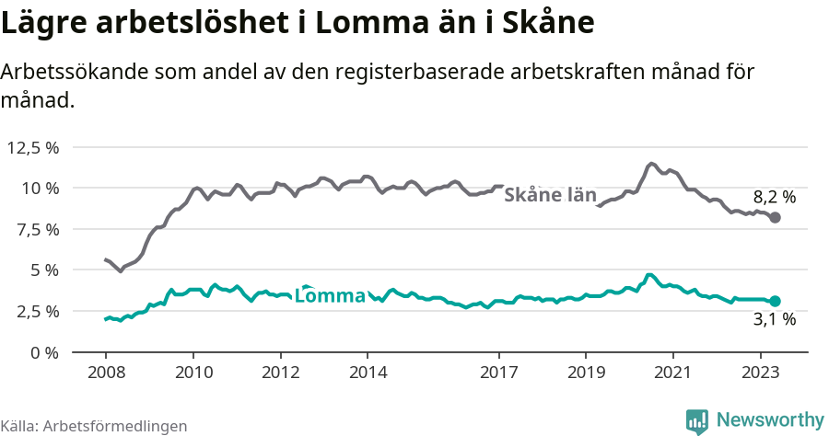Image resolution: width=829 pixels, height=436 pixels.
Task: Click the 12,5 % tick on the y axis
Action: tap(33, 147)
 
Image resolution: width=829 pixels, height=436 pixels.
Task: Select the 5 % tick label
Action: tap(44, 270)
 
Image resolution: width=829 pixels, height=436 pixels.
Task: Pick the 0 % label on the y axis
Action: tap(44, 352)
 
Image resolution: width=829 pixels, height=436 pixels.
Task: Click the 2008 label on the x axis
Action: tap(106, 373)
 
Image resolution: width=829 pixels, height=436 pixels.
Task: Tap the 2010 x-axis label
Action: tap(193, 373)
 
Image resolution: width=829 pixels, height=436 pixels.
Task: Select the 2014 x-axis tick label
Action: tap(368, 373)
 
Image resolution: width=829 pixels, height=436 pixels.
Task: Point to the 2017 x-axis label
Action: tap(498, 373)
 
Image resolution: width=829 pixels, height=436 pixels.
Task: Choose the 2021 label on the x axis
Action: tap(673, 373)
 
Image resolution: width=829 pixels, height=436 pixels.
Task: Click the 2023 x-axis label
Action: tap(761, 373)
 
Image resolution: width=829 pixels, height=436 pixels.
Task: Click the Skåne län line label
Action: tap(550, 195)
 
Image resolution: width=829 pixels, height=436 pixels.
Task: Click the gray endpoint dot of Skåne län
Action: tap(775, 218)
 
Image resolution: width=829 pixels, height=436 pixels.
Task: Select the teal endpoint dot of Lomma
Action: tap(775, 301)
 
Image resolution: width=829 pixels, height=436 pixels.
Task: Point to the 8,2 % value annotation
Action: tap(774, 197)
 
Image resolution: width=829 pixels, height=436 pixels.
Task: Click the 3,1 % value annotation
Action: tap(774, 320)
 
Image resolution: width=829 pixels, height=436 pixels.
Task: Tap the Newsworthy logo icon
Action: tap(697, 420)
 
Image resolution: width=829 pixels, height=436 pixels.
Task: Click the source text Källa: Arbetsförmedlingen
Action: tap(94, 426)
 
